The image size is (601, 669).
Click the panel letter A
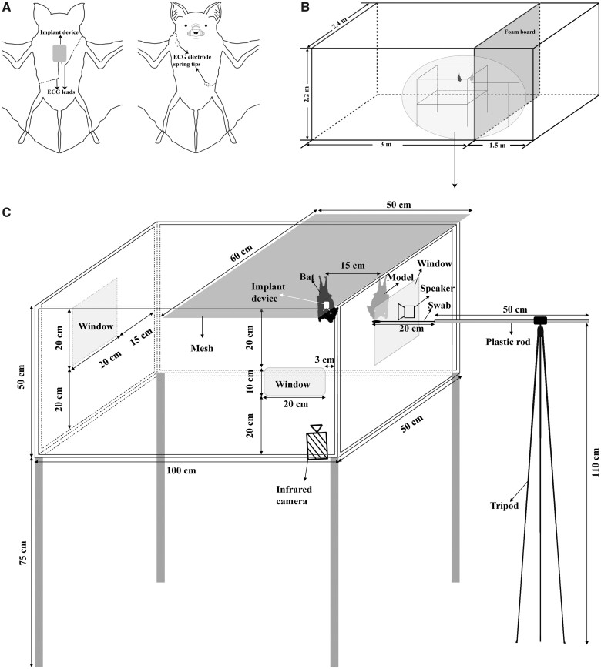pos(6,6)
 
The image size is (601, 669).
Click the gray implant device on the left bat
pos(59,53)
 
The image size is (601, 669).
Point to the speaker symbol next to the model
pos(406,312)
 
